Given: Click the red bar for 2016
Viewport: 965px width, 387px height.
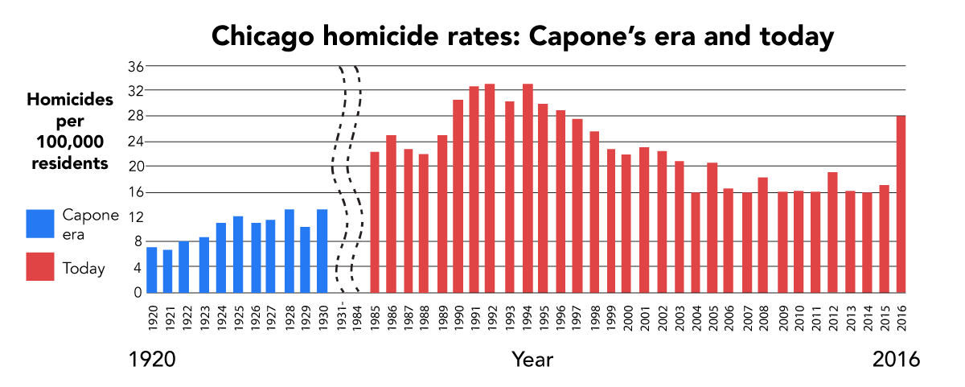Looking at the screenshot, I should coord(901,204).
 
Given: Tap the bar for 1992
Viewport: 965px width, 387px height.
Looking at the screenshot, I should coord(490,188).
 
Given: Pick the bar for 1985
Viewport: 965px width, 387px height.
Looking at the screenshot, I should coord(375,222).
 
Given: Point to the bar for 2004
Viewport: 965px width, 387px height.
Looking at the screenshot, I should coord(696,242).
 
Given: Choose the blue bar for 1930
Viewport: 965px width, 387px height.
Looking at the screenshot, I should coord(322,251).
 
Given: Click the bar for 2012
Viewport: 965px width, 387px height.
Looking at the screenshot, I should coord(832,233).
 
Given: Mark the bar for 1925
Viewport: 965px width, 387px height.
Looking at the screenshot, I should coord(238,254).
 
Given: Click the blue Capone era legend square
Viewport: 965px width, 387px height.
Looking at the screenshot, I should coord(40,224).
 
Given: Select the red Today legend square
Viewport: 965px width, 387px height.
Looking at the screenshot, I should coord(40,267).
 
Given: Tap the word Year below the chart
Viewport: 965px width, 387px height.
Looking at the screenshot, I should coord(532,359).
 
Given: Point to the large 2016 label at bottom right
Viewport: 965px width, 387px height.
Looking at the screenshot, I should coord(896,360).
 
